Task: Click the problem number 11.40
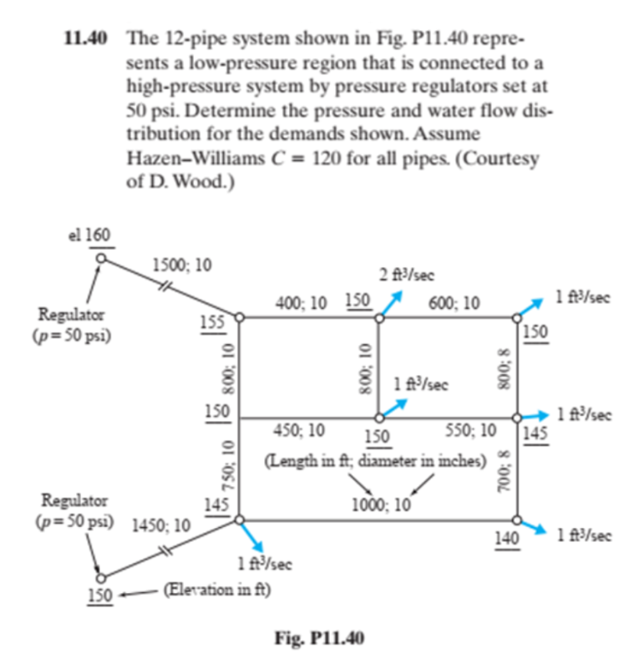pos(86,39)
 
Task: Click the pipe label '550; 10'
pos(471,430)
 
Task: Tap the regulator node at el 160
pos(101,258)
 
